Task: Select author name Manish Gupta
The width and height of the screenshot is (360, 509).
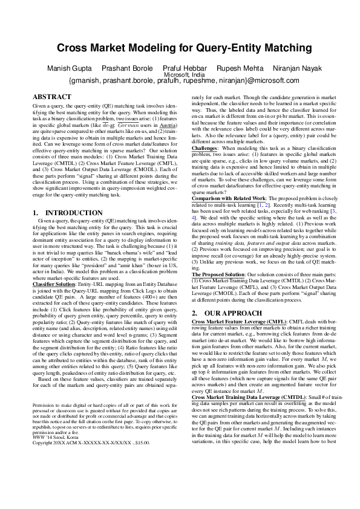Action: click(x=68, y=68)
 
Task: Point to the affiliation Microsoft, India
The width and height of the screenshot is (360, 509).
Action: click(x=180, y=74)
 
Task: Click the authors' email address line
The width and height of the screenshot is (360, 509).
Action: click(x=180, y=80)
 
